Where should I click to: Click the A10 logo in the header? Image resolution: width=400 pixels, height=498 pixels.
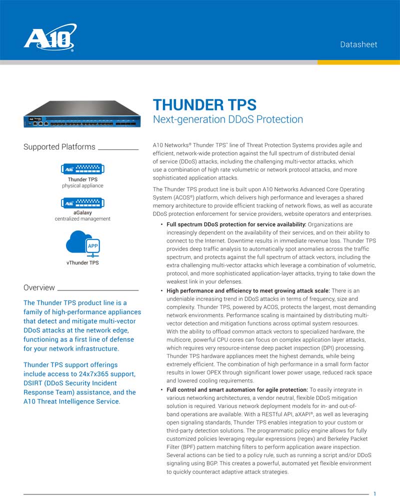[x=50, y=38]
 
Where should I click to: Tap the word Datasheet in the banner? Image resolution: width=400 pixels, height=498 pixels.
[x=358, y=44]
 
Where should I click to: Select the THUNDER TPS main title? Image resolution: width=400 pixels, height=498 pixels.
[x=204, y=105]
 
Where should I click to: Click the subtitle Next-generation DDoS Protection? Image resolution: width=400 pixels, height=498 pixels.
[x=227, y=119]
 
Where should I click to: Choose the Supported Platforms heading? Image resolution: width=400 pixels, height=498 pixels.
[x=59, y=147]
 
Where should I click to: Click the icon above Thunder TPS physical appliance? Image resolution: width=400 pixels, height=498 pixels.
[x=82, y=169]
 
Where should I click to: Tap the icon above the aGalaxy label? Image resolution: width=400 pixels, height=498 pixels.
[x=82, y=203]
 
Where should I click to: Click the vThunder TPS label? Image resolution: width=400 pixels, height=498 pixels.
[x=82, y=262]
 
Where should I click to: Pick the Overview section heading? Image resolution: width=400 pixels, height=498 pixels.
[x=39, y=287]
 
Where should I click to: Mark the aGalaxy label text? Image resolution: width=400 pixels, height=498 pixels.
[x=82, y=212]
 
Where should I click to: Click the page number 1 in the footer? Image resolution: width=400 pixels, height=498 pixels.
[x=375, y=493]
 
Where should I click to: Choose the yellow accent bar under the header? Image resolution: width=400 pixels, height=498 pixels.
[x=358, y=62]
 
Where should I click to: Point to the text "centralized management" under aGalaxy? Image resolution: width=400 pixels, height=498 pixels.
[x=82, y=219]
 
